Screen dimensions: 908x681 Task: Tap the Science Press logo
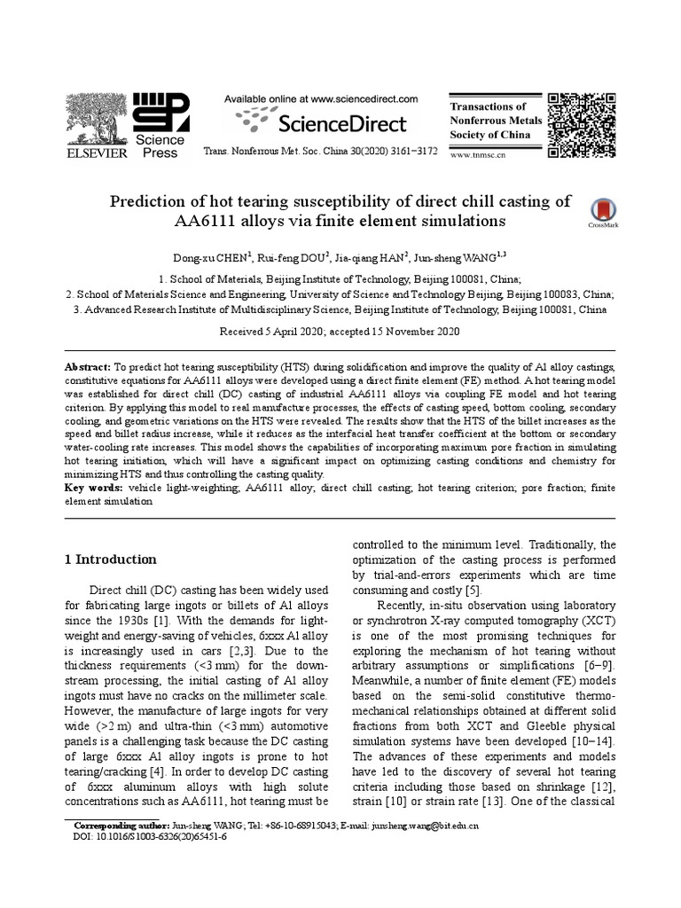160,125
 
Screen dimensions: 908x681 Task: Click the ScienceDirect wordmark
321,123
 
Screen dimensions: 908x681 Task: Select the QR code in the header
582,124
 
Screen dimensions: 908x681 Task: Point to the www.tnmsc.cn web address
479,153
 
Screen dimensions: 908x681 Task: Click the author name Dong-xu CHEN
214,258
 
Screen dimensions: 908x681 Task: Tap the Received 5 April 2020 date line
340,331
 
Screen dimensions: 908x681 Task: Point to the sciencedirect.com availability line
320,99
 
